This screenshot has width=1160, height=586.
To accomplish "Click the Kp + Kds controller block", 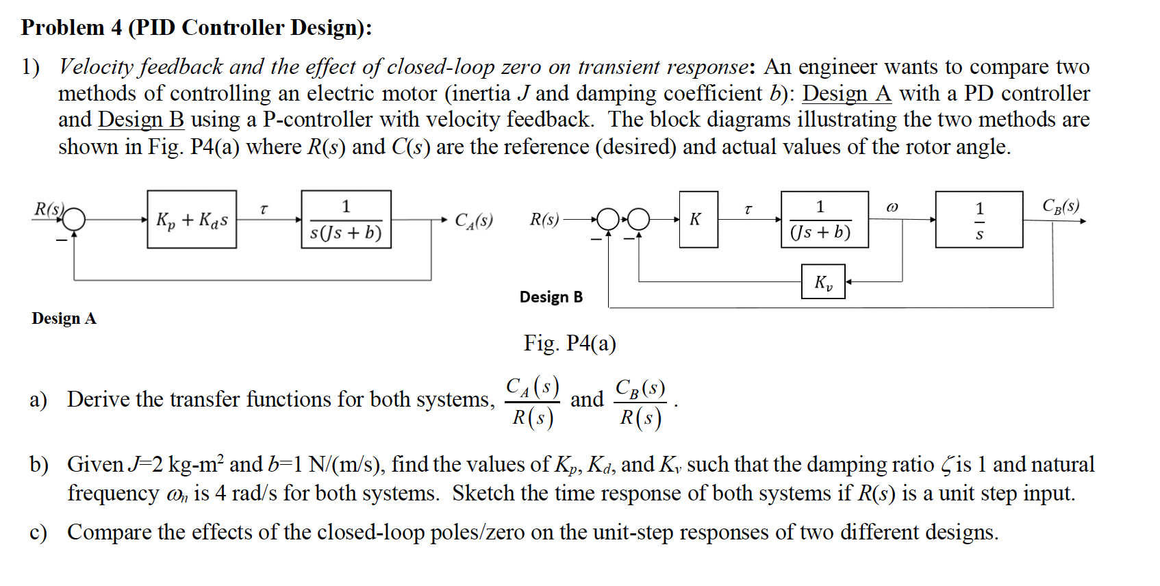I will coord(192,220).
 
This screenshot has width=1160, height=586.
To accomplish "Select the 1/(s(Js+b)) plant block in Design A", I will coord(346,220).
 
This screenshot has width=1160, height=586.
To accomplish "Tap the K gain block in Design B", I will coord(698,220).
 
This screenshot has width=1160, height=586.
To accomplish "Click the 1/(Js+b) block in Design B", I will coord(824,220).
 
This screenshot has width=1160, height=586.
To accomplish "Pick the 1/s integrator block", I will coord(979,220).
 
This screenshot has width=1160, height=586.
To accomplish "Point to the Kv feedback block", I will coord(823,282).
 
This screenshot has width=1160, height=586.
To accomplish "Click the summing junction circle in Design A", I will coord(75,220).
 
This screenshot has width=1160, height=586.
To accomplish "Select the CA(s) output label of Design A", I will coord(474,220).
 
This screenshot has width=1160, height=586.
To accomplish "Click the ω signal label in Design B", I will coord(892,207).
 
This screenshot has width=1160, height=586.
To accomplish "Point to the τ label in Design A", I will coord(264,208).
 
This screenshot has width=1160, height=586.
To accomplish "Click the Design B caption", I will coord(551,297).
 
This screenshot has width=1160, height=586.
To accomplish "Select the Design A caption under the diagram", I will coord(64,318).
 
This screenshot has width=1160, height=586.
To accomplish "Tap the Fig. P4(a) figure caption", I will coord(569,343).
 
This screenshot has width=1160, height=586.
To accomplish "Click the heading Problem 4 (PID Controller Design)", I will coord(197,27).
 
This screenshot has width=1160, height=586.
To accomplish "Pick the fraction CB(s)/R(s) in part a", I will coord(640,403).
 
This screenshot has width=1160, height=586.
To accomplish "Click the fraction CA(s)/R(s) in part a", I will coord(533,403).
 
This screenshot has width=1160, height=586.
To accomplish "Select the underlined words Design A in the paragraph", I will coord(846,93).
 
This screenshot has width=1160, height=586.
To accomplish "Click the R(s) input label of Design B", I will coord(544,220).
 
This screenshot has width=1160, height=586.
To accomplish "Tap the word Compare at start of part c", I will coord(109,532).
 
